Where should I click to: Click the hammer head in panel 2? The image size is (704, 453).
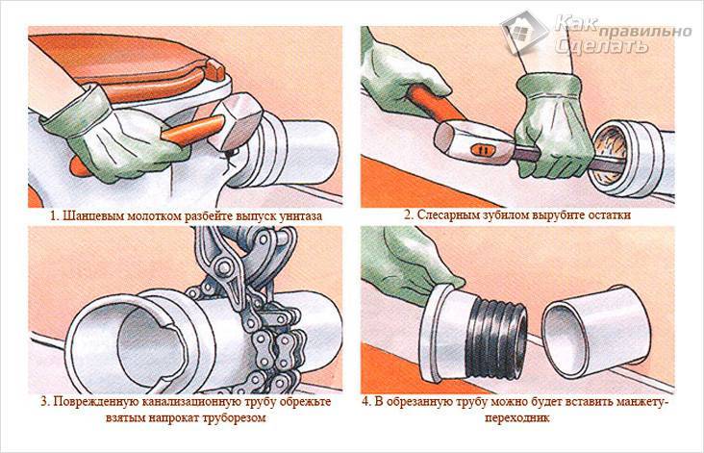pyautogui.click(x=476, y=141)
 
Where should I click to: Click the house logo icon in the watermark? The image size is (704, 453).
pyautogui.click(x=524, y=32)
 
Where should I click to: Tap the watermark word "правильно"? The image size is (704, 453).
pyautogui.click(x=645, y=32)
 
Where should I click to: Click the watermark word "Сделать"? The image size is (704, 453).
pyautogui.click(x=601, y=46)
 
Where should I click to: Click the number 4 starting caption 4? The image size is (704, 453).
pyautogui.click(x=365, y=401)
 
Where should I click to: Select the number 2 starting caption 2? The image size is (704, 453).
pyautogui.click(x=408, y=215)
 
